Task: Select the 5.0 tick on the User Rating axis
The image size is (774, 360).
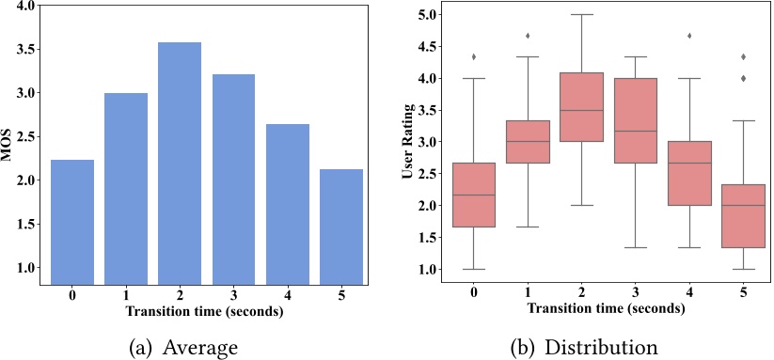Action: [428, 15]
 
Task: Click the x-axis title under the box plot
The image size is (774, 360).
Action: [601, 307]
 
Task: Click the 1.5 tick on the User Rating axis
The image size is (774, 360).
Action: [428, 237]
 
